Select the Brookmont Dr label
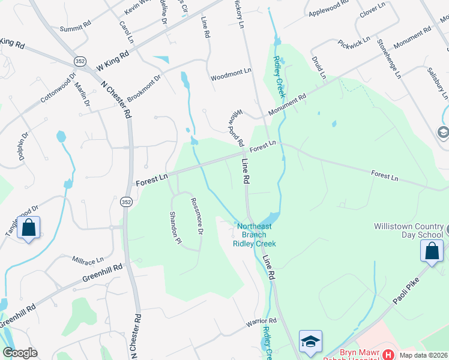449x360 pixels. [x=144, y=88]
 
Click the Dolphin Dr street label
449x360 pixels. [x=19, y=151]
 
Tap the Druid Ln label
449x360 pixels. [x=318, y=67]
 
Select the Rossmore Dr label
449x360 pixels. [x=197, y=216]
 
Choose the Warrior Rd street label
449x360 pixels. [x=260, y=323]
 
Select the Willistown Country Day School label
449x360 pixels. [x=408, y=230]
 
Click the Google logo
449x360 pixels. [x=20, y=353]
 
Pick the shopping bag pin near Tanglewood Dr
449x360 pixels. [x=28, y=229]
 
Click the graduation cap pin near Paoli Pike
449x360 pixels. [x=310, y=342]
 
